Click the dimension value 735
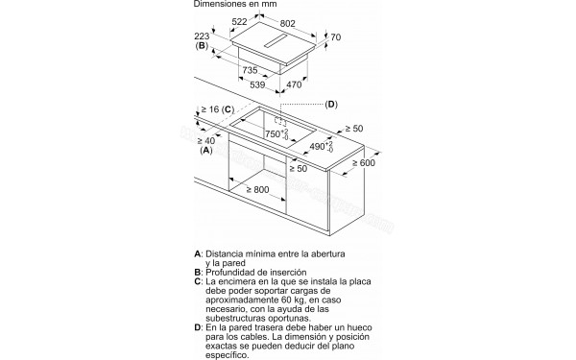(249, 71)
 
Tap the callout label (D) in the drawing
(331, 104)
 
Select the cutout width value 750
(276, 134)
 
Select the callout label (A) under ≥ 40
(205, 152)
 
